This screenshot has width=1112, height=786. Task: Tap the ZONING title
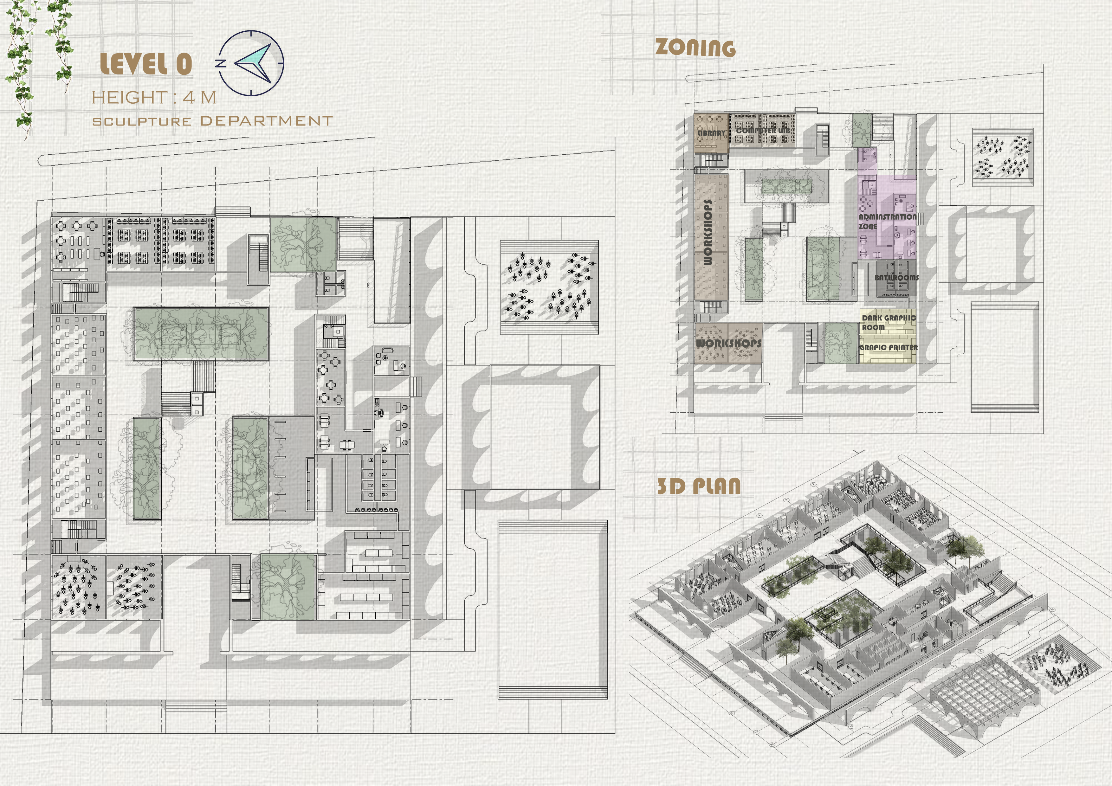695,48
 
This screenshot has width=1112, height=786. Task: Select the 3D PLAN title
698,486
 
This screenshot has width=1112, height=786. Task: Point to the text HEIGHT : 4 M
154,97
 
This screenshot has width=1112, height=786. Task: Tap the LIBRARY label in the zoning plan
711,132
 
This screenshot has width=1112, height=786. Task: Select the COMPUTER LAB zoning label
763,130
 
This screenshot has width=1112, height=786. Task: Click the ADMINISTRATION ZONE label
887,221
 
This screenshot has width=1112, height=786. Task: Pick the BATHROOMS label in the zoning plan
896,278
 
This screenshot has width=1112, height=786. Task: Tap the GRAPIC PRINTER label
888,347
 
